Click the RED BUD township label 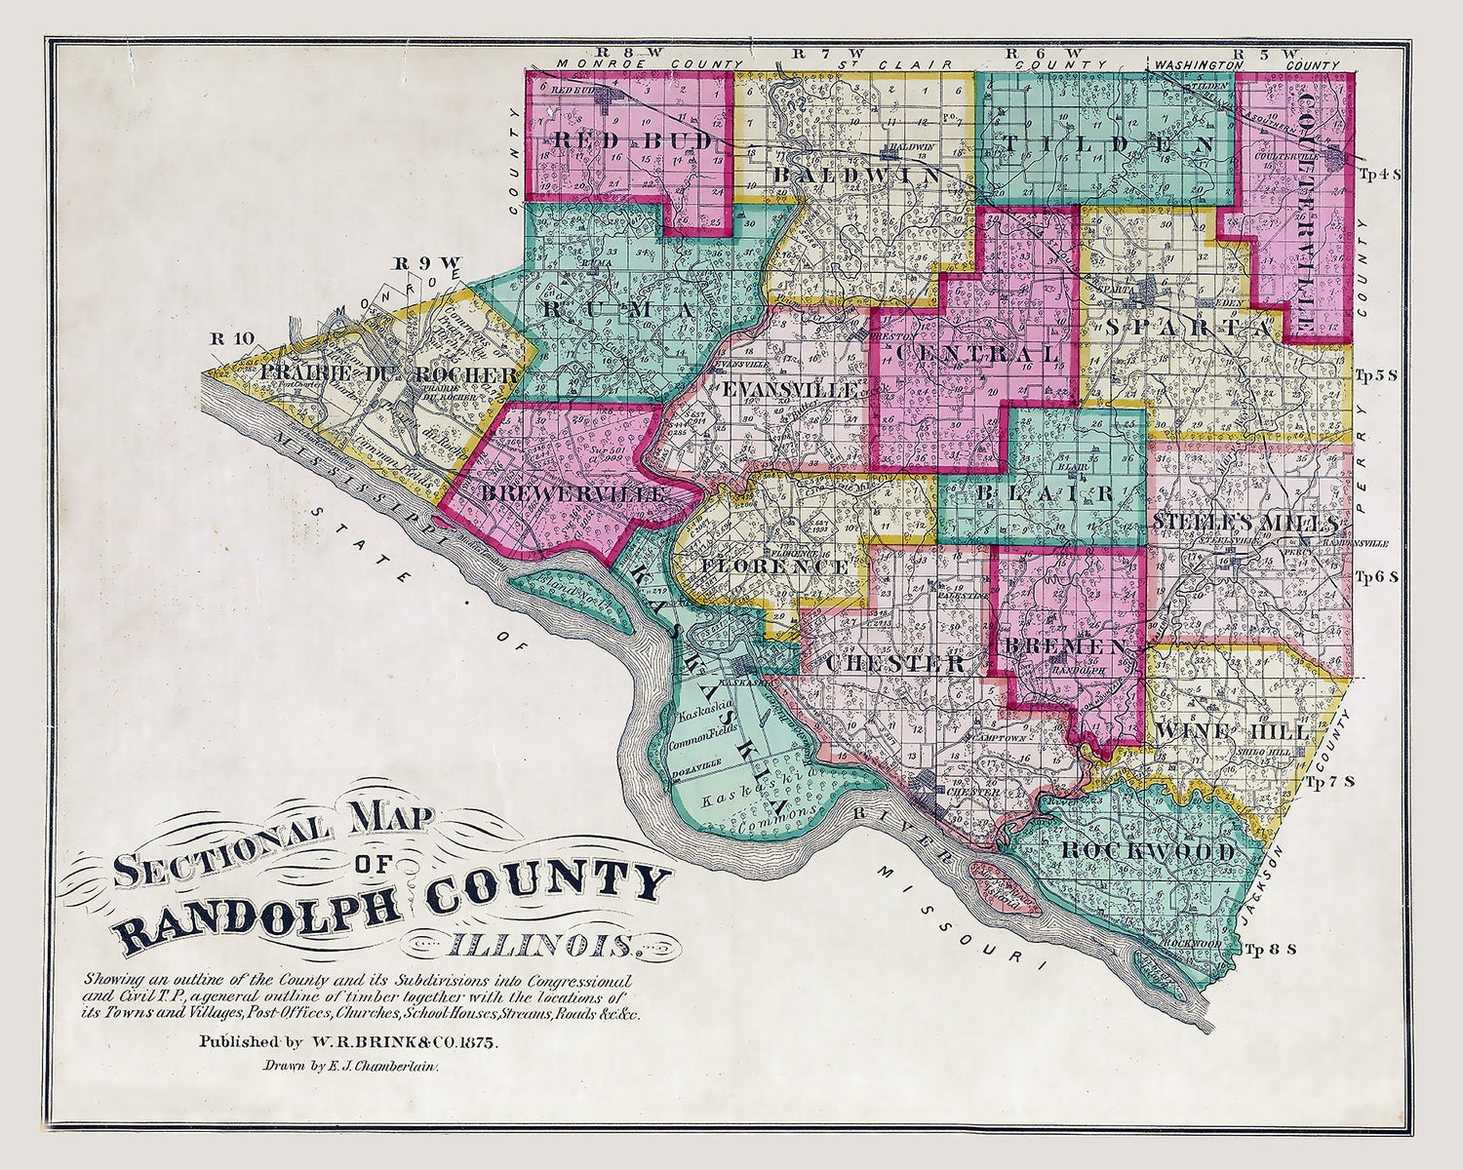pos(621,140)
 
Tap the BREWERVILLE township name pos(573,494)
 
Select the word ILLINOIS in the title pos(539,944)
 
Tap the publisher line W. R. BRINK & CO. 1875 pos(349,1041)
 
